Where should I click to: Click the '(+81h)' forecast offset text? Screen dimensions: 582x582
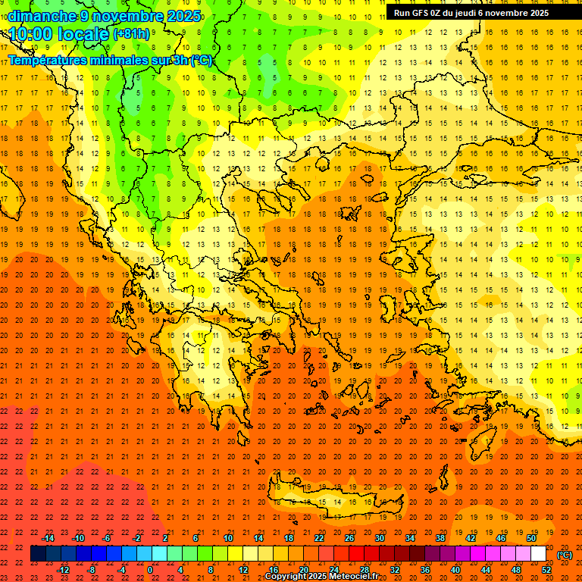tap(131, 34)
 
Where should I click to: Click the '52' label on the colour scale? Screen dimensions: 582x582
tap(546, 570)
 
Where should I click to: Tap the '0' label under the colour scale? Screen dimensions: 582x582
tap(150, 570)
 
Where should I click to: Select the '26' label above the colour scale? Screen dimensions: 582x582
tap(349, 538)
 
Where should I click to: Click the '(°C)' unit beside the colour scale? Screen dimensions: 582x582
tap(565, 555)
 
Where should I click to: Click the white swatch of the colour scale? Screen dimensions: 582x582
tap(538, 554)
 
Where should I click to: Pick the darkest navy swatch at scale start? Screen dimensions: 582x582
tap(38, 554)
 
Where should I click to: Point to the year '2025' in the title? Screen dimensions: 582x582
tap(183, 16)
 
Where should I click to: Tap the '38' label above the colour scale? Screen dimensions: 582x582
tap(440, 538)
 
